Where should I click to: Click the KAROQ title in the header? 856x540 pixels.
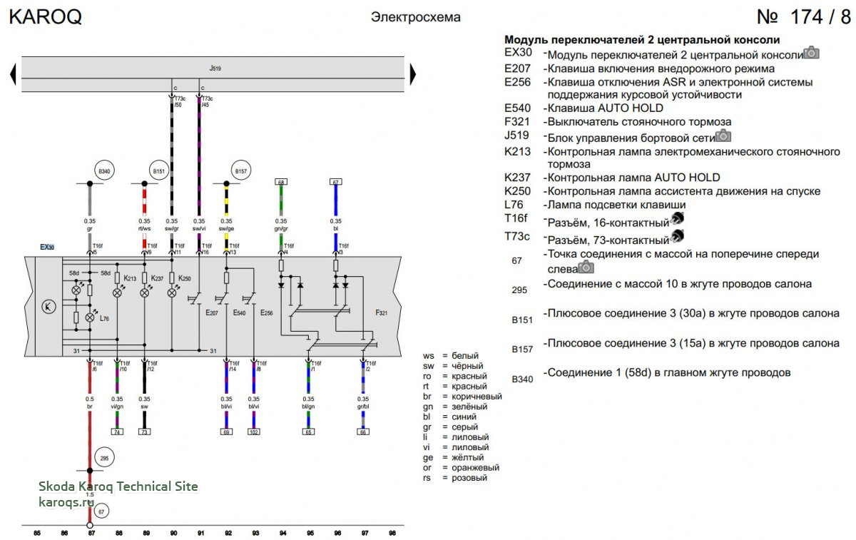[45, 17]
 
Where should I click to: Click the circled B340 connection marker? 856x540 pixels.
[105, 171]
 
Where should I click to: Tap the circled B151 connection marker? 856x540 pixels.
[158, 171]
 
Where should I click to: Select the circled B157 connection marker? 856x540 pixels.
[240, 171]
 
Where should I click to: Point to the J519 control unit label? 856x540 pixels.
[215, 68]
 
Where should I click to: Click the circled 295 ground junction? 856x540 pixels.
[104, 459]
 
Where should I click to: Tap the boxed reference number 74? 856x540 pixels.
[117, 432]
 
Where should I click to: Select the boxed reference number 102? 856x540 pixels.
[254, 432]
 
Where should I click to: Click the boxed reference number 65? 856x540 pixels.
[309, 432]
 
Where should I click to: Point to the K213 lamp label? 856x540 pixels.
[129, 277]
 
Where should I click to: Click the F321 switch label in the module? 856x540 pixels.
[382, 312]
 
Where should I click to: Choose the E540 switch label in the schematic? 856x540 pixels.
[240, 312]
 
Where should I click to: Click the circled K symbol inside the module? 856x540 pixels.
[49, 307]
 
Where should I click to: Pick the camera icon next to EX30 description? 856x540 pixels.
[811, 54]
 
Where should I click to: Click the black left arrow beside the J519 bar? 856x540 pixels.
[13, 73]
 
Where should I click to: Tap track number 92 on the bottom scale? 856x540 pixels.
[228, 532]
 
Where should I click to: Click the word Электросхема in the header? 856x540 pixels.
[415, 17]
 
